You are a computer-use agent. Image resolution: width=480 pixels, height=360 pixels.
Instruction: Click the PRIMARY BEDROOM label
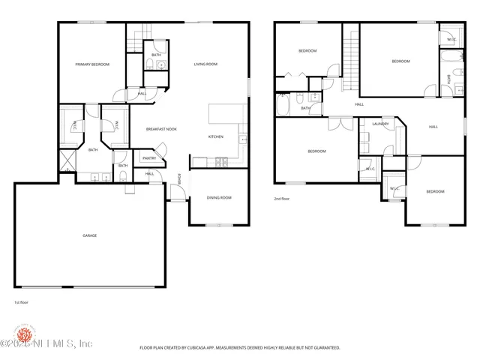[92, 64]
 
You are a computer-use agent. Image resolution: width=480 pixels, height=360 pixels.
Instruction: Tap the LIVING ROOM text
[205, 64]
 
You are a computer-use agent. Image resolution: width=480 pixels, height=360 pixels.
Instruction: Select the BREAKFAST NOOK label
[161, 129]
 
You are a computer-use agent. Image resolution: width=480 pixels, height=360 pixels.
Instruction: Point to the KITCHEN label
[215, 136]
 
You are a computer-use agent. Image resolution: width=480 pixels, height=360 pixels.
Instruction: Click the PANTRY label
[149, 158]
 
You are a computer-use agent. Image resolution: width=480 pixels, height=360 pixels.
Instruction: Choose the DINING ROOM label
[219, 197]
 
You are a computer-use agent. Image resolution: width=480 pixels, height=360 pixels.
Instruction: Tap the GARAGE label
[89, 235]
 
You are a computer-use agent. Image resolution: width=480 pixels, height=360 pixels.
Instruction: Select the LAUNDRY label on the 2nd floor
[380, 124]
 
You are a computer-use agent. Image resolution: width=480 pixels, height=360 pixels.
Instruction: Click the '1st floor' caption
[22, 302]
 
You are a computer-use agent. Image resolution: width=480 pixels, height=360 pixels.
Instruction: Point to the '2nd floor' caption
[282, 199]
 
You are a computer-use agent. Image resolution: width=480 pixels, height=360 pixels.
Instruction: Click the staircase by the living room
[139, 37]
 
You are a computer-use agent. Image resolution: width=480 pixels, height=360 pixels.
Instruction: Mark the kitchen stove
[221, 160]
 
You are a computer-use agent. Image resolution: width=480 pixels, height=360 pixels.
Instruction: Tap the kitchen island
[226, 113]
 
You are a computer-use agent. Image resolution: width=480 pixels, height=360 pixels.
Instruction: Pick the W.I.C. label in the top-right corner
[451, 39]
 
